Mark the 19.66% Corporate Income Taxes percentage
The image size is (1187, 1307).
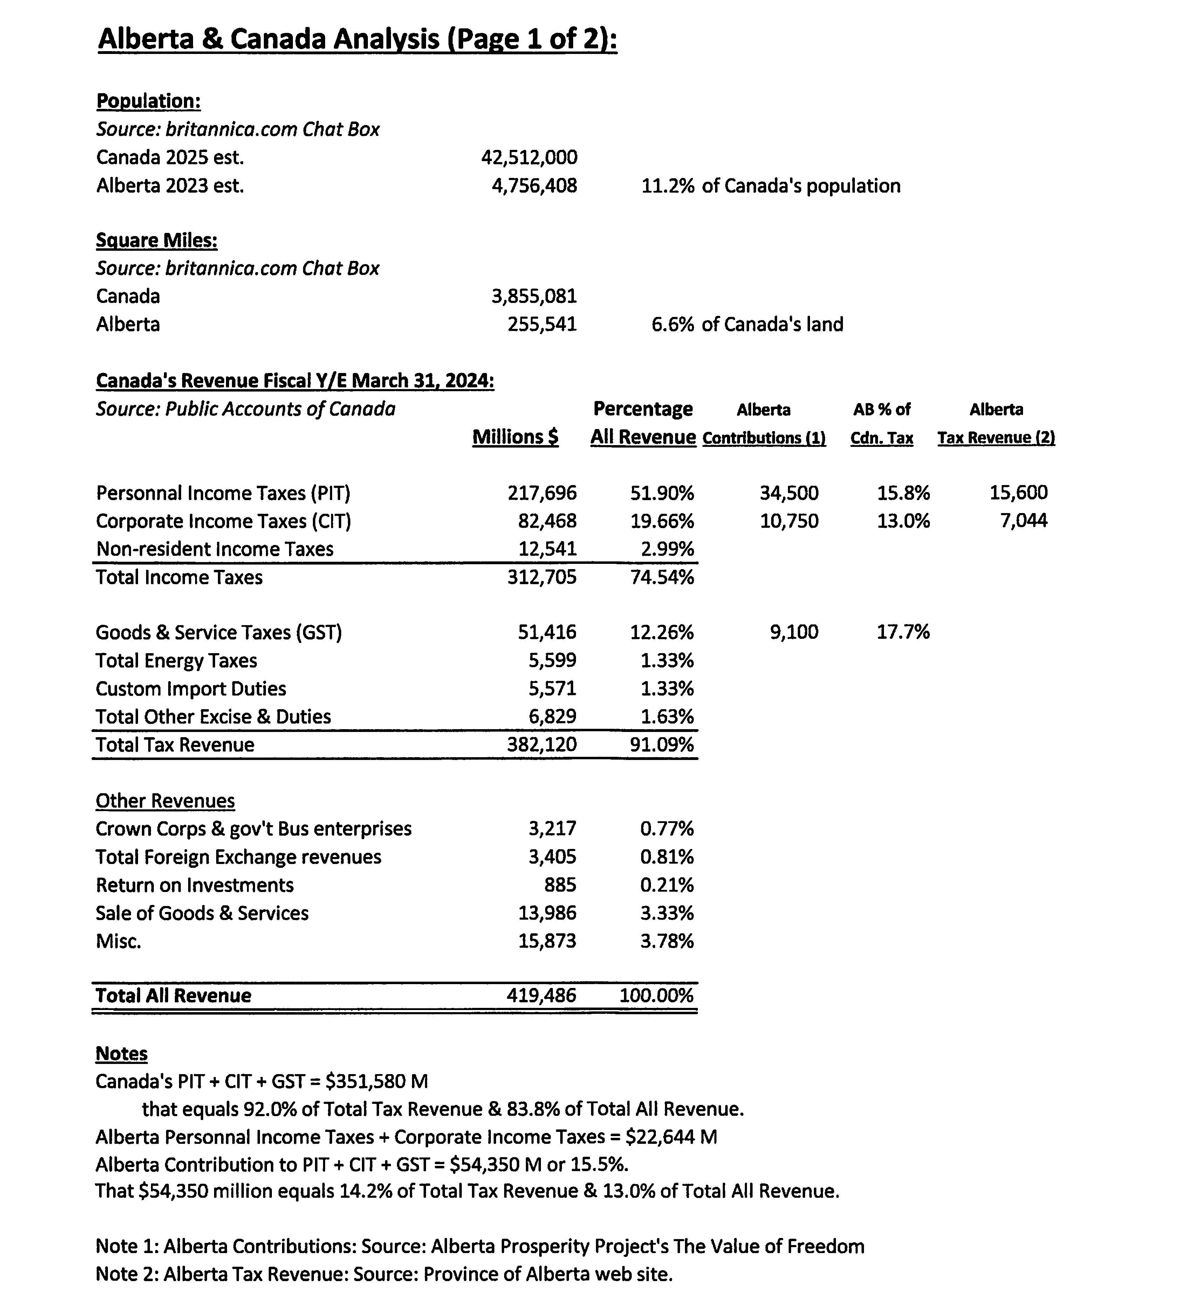click(661, 521)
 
